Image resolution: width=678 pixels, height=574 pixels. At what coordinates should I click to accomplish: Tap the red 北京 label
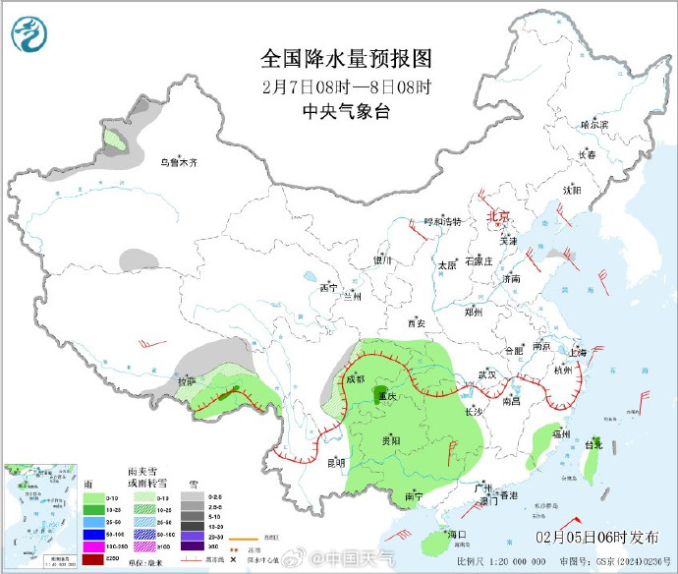(x=498, y=217)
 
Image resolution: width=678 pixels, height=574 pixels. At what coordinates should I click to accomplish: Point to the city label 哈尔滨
(x=593, y=125)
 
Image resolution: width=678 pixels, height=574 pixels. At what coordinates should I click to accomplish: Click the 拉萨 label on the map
(x=187, y=380)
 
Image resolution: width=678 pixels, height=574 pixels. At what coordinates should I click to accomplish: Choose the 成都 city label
(x=354, y=378)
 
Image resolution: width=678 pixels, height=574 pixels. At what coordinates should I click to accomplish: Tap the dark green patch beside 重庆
(x=378, y=397)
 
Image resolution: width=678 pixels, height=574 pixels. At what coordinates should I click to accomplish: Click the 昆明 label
(x=335, y=462)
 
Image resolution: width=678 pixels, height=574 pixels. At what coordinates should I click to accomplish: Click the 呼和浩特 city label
(x=441, y=222)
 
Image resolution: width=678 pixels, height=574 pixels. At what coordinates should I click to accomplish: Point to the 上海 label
(x=577, y=352)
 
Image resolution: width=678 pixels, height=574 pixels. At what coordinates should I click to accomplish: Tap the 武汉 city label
(x=487, y=374)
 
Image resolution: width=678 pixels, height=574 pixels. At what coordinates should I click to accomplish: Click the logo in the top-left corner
(x=28, y=35)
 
